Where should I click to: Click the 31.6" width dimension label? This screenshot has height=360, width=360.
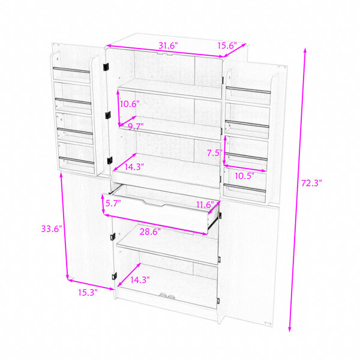[x=168, y=46]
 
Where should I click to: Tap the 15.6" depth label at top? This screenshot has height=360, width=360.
[x=227, y=46]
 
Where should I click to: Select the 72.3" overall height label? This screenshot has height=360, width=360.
[x=311, y=183]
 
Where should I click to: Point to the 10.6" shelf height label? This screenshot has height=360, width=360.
[x=130, y=104]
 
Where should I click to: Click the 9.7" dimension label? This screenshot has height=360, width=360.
[x=136, y=126]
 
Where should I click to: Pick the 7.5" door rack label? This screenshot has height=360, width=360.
[x=215, y=152]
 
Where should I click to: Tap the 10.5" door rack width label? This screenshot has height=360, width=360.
[x=244, y=176]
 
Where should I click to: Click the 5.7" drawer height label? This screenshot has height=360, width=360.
[x=113, y=203]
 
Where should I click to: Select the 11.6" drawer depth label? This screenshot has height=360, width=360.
[x=205, y=205]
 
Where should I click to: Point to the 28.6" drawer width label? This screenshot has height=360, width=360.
[x=150, y=232]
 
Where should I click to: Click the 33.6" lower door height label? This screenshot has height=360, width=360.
[x=52, y=229]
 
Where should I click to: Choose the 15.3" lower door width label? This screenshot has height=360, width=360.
[x=88, y=293]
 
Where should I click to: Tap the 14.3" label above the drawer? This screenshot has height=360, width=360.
[x=134, y=167]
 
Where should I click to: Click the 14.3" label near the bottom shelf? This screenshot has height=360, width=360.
[x=140, y=280]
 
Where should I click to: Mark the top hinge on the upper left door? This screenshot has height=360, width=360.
[x=106, y=67]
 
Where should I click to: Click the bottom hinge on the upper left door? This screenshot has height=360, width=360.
[x=110, y=160]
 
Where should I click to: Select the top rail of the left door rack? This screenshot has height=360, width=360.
[x=71, y=70]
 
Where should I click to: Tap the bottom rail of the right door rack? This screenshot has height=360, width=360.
[x=245, y=188]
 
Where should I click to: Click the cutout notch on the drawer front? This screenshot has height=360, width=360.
[x=154, y=203]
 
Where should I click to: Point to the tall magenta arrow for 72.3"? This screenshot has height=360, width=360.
[x=298, y=190]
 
